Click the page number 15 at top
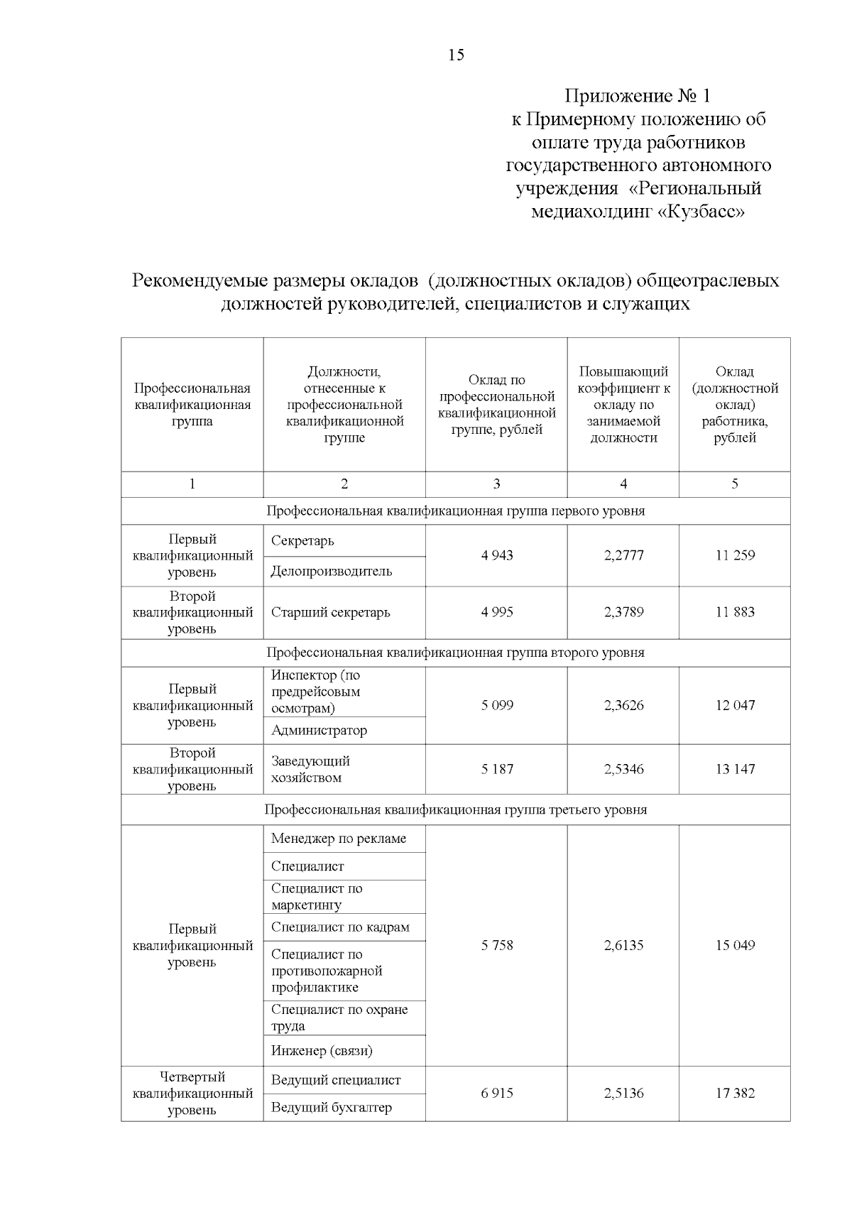456,55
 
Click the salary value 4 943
496,555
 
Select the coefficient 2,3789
623,612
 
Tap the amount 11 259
735,555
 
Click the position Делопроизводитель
331,572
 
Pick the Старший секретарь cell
330,612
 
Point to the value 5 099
496,705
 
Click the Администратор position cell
319,730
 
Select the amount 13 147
735,769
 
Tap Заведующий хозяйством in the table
310,769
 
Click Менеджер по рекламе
339,839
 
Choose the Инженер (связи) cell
322,1050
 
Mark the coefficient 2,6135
623,945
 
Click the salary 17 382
735,1093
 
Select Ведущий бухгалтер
331,1107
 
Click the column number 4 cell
623,484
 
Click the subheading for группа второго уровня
455,653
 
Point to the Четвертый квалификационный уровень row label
192,1094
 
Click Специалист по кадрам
340,927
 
